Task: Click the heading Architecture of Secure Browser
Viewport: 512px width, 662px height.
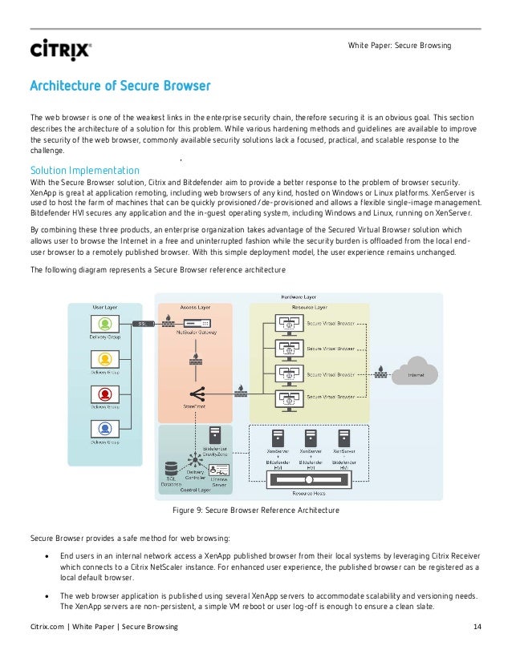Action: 120,86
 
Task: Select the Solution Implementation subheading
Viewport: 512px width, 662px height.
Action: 84,170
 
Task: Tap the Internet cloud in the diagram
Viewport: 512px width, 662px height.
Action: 417,373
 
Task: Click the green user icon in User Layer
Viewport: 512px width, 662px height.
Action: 105,324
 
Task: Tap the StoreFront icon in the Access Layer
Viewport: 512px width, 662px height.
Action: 196,394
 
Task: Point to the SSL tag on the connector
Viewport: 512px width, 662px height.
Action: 142,324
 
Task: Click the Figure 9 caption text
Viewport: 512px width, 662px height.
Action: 256,510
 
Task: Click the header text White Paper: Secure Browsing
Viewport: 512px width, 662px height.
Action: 399,45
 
